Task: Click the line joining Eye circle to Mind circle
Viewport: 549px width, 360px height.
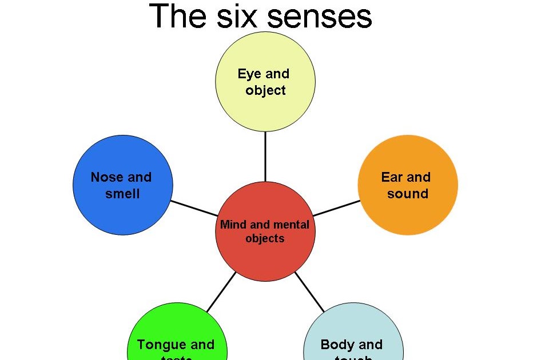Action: tap(265, 157)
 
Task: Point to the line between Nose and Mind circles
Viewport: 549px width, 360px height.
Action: tap(193, 207)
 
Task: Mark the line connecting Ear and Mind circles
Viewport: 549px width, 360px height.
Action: tap(337, 207)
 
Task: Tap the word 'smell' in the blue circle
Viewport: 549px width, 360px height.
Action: tap(122, 194)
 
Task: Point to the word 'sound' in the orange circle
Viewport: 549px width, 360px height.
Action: tap(408, 194)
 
